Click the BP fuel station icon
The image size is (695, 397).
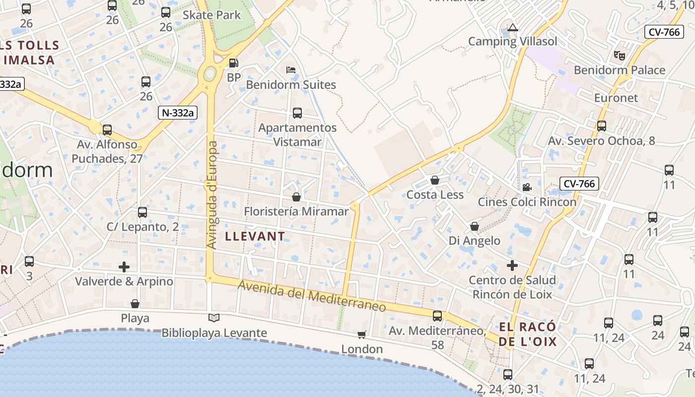point(233,63)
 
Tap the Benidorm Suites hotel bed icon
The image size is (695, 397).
point(291,69)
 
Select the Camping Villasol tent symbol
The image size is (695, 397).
point(513,27)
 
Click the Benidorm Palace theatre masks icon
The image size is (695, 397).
point(619,55)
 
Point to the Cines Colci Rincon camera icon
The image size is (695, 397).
point(527,187)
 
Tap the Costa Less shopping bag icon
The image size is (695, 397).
point(435,180)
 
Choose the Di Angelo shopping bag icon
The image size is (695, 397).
point(475,226)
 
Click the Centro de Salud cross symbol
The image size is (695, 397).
point(512,265)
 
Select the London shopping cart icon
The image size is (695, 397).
point(362,334)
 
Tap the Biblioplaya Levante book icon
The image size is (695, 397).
point(214,318)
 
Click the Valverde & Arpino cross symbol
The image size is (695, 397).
point(124,267)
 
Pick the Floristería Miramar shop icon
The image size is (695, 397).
point(296,197)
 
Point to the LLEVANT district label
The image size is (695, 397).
point(255,236)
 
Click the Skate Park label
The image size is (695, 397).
point(212,15)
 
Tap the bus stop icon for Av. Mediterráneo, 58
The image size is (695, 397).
point(437,316)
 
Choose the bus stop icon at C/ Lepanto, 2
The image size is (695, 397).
point(142,212)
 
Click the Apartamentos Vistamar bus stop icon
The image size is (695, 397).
point(297,113)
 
